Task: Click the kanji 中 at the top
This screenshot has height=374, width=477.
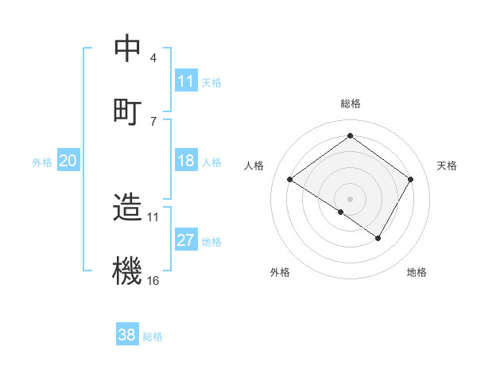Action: [127, 49]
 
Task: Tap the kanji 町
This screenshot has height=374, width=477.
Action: [127, 111]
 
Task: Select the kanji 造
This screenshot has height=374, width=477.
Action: [127, 208]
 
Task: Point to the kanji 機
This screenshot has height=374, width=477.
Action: [127, 271]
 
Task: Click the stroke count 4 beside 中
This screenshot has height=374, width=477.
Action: [153, 58]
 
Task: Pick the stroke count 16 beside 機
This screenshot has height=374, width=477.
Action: [153, 280]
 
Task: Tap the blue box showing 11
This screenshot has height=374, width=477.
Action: [186, 81]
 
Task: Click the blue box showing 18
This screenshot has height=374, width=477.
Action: [186, 161]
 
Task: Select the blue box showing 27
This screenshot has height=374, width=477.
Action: [186, 240]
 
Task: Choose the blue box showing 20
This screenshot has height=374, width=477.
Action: [68, 161]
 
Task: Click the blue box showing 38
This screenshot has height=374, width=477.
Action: [127, 335]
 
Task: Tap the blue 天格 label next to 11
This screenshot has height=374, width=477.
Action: [211, 83]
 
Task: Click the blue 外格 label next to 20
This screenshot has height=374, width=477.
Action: [42, 162]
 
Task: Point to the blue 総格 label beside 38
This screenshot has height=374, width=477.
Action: [153, 337]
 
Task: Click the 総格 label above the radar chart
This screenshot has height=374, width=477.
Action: [351, 103]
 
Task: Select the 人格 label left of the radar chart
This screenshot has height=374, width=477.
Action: [255, 166]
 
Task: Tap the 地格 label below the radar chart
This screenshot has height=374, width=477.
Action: [417, 273]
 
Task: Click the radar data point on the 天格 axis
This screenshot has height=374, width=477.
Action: [410, 180]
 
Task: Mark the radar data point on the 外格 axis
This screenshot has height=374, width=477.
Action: [341, 212]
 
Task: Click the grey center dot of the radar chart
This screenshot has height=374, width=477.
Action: [351, 198]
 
